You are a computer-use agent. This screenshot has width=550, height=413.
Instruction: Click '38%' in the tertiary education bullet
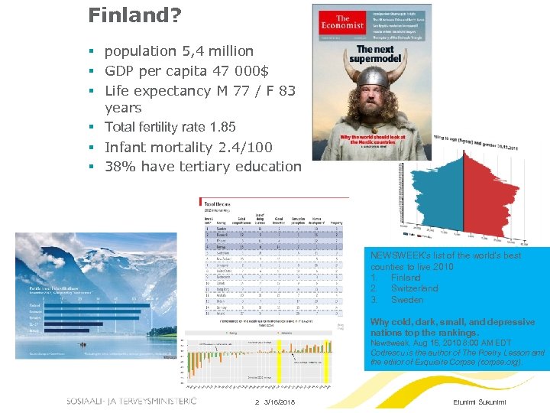(119, 166)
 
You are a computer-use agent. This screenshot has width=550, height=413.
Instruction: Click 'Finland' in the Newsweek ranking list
(406, 278)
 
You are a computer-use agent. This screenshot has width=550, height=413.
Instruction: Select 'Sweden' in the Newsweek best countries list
(406, 300)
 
